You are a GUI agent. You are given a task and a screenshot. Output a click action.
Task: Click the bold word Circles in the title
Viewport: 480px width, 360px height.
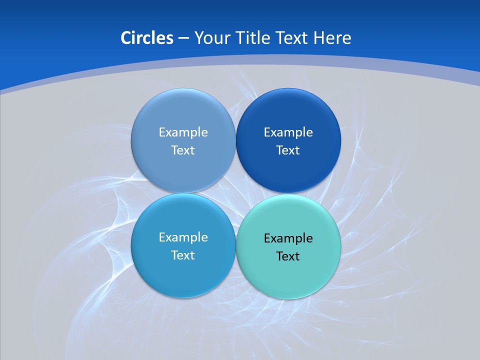coord(147,38)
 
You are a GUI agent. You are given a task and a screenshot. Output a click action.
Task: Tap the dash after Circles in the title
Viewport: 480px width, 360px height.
coord(183,38)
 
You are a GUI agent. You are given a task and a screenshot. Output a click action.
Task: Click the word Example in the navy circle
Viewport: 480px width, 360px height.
coord(288,132)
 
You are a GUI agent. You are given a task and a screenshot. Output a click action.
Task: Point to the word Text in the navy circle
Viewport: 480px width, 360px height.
coord(288,150)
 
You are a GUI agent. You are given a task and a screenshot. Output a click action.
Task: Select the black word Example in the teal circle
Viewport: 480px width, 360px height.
coord(288,238)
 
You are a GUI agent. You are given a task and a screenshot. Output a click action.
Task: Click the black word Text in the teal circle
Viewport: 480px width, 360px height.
coord(288,256)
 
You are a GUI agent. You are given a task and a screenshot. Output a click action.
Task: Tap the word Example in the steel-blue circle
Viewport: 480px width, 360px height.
coord(183,132)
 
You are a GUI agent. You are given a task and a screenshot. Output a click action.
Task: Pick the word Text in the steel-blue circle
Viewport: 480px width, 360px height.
coord(183,150)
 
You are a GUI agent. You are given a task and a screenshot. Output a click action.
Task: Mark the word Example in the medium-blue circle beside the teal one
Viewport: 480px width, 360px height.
coord(183,237)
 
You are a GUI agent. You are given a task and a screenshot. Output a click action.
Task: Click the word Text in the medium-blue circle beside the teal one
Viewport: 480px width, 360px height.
coord(183,255)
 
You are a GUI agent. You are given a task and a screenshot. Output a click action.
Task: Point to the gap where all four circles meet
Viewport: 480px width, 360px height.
coord(235,193)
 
